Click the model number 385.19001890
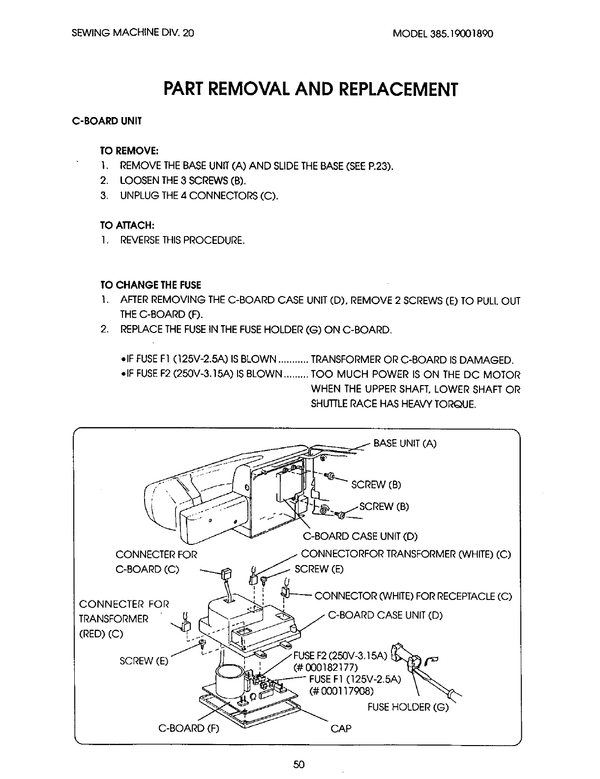tap(443, 34)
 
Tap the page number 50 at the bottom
tap(299, 764)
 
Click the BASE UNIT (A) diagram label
tap(405, 443)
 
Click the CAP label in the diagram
tap(341, 728)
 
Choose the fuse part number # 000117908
tap(341, 691)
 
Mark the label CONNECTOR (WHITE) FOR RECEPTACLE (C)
tap(413, 597)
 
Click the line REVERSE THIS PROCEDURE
tap(182, 240)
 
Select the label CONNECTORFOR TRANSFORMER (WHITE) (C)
tap(406, 554)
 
